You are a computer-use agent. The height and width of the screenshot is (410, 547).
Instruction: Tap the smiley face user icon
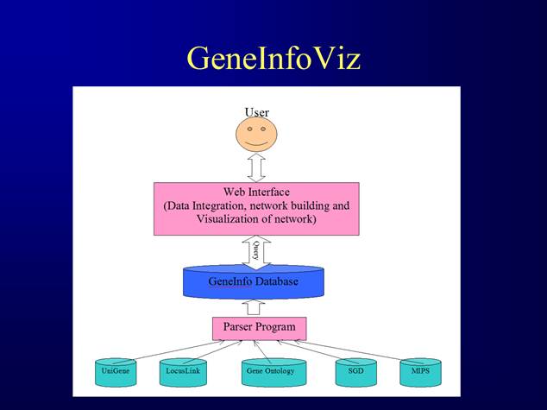256,134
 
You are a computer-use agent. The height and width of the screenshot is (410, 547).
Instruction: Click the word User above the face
256,112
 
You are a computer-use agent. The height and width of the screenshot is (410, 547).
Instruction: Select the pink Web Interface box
256,208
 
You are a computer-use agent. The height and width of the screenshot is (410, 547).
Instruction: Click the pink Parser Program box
259,328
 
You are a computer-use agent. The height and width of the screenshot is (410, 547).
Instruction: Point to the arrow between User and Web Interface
256,167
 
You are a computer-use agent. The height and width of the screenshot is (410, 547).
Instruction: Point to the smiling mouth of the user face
256,141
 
